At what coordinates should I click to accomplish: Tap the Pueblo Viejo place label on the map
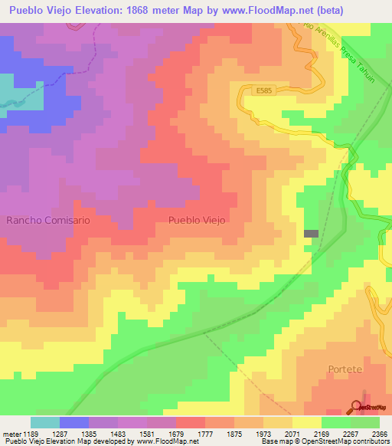tap(196, 219)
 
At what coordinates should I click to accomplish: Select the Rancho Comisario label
tap(48, 220)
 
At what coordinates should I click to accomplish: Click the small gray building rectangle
tap(311, 234)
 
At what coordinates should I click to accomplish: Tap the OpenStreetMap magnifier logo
tap(358, 406)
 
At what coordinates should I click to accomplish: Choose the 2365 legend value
tap(379, 433)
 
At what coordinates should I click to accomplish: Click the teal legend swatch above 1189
tap(45, 422)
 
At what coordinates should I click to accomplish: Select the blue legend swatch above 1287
tap(74, 422)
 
